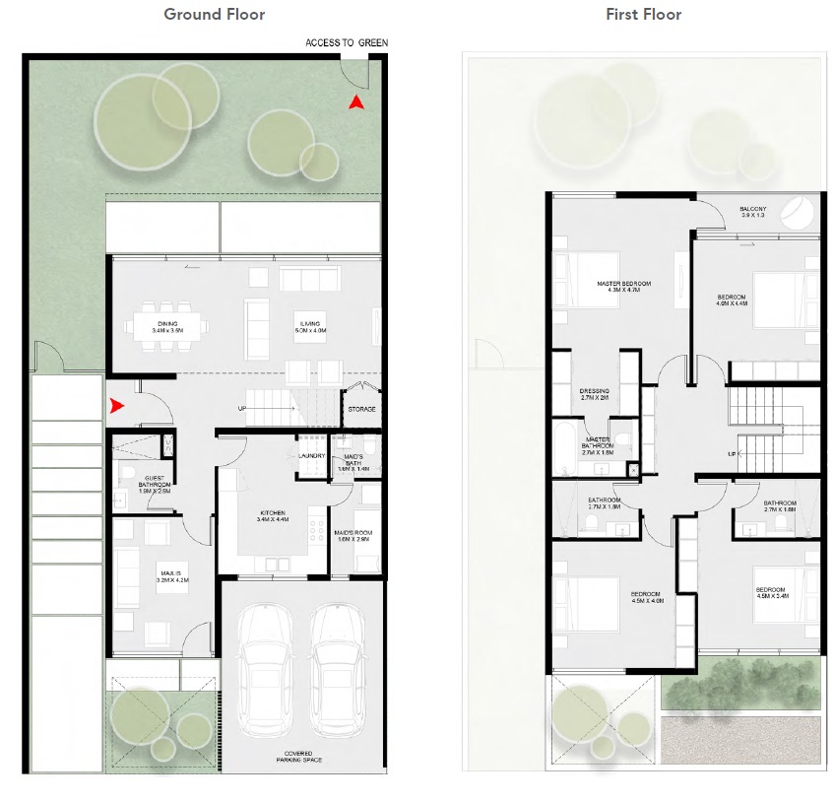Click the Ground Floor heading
click(214, 14)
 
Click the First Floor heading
click(644, 14)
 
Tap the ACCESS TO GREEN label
click(347, 42)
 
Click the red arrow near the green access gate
click(358, 100)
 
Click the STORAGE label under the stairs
click(361, 409)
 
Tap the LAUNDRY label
click(312, 455)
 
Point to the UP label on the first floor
click(732, 454)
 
